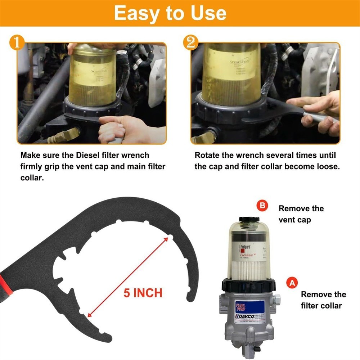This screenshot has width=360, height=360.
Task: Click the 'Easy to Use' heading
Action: point(170,13)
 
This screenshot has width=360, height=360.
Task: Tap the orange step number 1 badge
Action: point(17,43)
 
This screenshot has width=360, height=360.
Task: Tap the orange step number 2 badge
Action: point(191,43)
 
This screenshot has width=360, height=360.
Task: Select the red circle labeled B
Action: point(262,206)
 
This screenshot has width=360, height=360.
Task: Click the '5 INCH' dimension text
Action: point(143,293)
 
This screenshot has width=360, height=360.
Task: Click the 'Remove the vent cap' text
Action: point(301,214)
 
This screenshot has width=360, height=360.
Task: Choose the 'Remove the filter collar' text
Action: point(323,300)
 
